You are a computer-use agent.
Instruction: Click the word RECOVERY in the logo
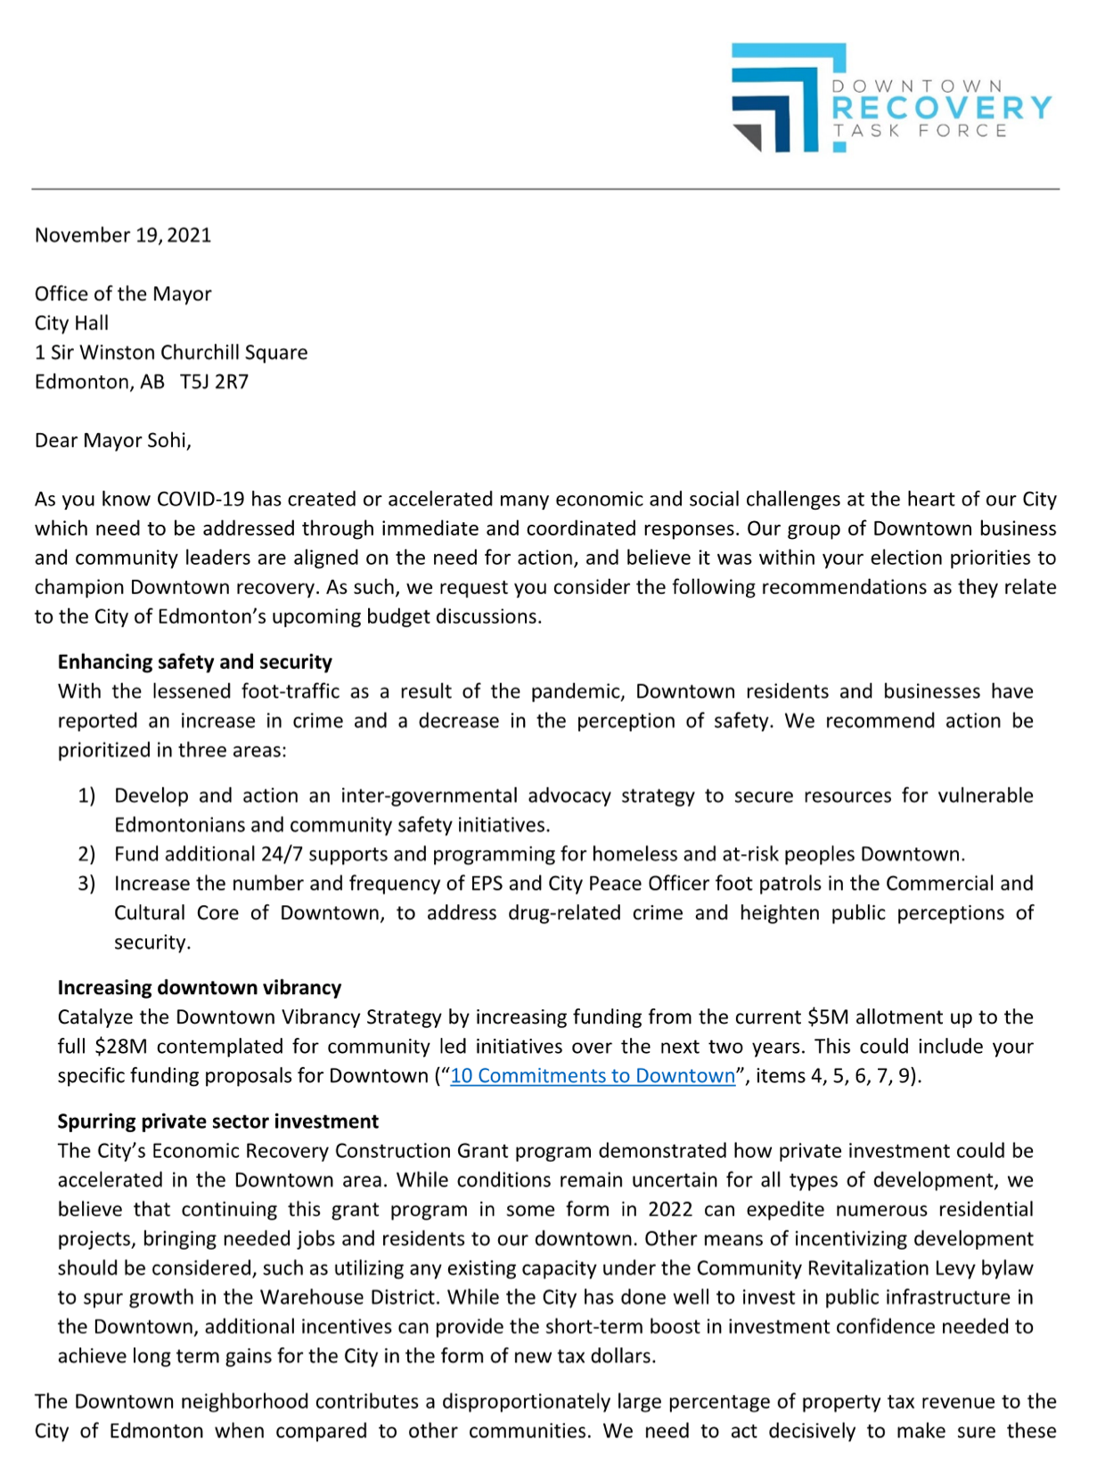[941, 108]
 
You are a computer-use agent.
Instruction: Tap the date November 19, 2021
[123, 235]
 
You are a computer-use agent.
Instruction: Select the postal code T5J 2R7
[215, 382]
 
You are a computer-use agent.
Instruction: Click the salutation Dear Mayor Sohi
[112, 441]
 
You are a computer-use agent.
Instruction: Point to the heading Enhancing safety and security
[194, 662]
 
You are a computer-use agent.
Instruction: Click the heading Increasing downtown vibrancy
[200, 988]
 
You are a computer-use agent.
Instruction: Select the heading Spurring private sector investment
[218, 1122]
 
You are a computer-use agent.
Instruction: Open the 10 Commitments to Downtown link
[593, 1076]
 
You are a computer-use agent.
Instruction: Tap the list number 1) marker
[86, 796]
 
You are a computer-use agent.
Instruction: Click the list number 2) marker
[86, 854]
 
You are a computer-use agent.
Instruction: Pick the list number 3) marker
[86, 884]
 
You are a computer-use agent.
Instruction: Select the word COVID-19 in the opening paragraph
[201, 500]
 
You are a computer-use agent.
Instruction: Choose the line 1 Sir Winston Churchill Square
[171, 353]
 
